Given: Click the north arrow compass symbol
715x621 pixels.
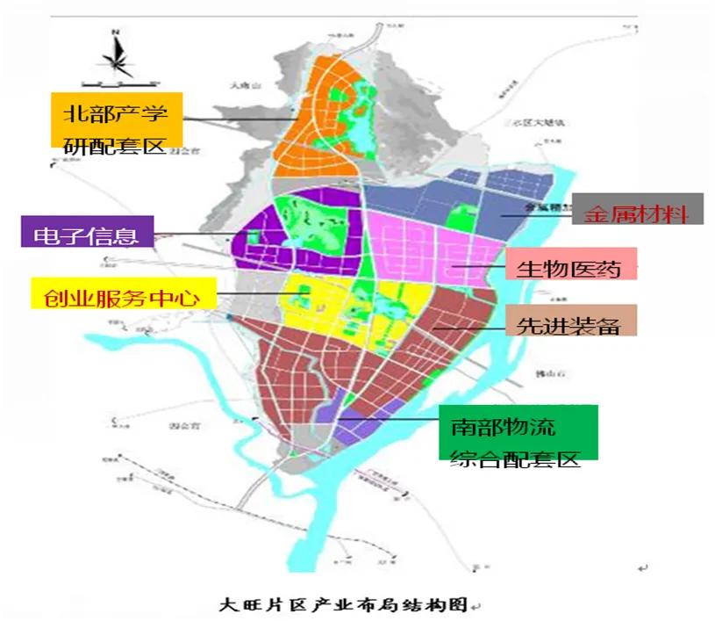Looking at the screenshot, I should (x=116, y=54).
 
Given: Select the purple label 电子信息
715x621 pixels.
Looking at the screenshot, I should (x=86, y=234).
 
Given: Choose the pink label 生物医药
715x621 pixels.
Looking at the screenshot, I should (x=571, y=264).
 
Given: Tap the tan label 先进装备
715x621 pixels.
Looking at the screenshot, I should (x=570, y=321).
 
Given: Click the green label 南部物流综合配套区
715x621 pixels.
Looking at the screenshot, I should (x=518, y=432).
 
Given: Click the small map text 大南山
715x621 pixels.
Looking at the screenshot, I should (x=240, y=86).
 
